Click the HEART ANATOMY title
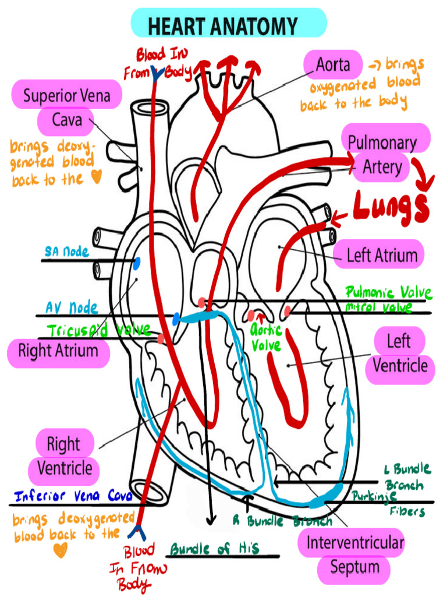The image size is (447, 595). pyautogui.click(x=223, y=26)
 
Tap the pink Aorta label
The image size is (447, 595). pyautogui.click(x=333, y=64)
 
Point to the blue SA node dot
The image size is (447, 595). pyautogui.click(x=137, y=264)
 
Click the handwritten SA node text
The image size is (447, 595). pyautogui.click(x=67, y=252)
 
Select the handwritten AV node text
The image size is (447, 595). pyautogui.click(x=72, y=307)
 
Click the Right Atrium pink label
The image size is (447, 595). pyautogui.click(x=58, y=351)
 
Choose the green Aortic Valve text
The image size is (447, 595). pyautogui.click(x=267, y=337)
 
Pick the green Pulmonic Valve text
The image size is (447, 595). pyautogui.click(x=385, y=292)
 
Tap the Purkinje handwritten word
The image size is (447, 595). pyautogui.click(x=374, y=496)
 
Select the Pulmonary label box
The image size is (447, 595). pyautogui.click(x=382, y=143)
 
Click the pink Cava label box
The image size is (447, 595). pyautogui.click(x=67, y=121)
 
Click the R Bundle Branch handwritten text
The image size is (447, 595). pyautogui.click(x=282, y=521)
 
